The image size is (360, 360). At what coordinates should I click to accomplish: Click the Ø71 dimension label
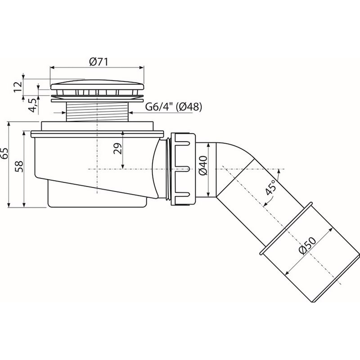[x=99, y=62]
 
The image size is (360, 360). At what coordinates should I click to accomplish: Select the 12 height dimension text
[x=18, y=86]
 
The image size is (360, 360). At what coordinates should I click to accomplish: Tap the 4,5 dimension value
[x=33, y=105]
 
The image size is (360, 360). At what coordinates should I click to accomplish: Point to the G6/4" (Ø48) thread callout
[x=174, y=107]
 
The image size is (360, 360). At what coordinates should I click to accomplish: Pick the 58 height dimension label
[x=19, y=166]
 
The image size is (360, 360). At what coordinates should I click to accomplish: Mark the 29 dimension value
[x=117, y=148]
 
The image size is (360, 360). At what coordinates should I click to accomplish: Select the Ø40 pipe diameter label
[x=203, y=165]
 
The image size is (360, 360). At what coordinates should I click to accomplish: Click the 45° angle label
[x=270, y=188]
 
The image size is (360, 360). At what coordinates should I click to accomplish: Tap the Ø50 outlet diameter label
[x=308, y=245]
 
